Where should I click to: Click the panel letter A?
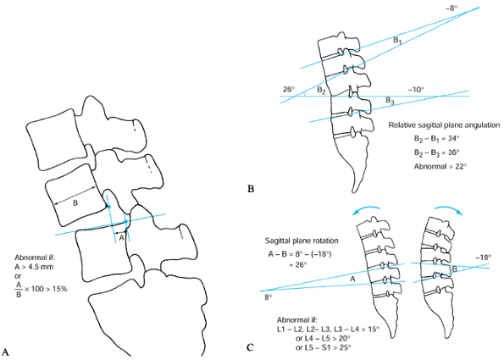[5, 352]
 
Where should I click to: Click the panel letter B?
[251, 189]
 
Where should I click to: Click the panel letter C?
[251, 347]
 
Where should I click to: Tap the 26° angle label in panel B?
[289, 89]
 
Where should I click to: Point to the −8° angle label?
[452, 8]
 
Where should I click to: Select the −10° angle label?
[416, 90]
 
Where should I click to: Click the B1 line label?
[397, 41]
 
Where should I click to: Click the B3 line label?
[390, 101]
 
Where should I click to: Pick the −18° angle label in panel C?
[484, 258]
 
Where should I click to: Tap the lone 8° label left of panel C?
[269, 297]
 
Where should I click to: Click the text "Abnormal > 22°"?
[440, 167]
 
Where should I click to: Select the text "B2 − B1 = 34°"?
[437, 139]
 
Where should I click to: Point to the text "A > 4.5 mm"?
[34, 267]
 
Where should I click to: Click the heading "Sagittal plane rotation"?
[302, 241]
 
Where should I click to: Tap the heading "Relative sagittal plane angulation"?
[444, 125]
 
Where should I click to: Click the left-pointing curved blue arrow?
[366, 209]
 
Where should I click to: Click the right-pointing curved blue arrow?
[449, 208]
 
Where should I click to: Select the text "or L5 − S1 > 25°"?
[323, 347]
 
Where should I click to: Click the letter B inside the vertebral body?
[75, 202]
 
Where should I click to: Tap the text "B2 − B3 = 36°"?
[437, 152]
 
